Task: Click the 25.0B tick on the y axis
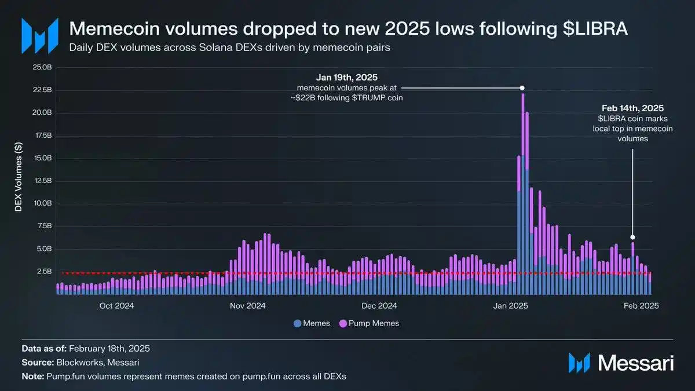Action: coord(43,67)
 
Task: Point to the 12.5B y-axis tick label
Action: coord(43,181)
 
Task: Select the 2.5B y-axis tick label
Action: coord(45,271)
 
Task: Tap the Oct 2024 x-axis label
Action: coord(116,305)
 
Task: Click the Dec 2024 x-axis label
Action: coord(379,305)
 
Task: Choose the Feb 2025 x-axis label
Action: coord(642,305)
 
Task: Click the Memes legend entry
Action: coord(312,323)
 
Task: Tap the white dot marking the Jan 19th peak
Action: coord(522,88)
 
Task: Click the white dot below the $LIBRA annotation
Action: coord(632,237)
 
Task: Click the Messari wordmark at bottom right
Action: coord(635,363)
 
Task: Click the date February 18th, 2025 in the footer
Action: coord(109,349)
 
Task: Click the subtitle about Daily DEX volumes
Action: coord(229,47)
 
